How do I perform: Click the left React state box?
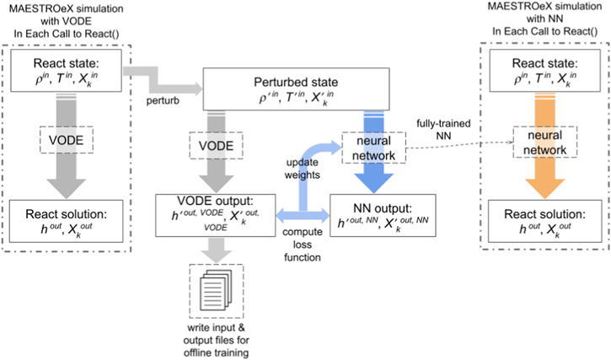pyautogui.click(x=67, y=73)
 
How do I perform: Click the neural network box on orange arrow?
pyautogui.click(x=540, y=142)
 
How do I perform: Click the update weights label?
pyautogui.click(x=299, y=167)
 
